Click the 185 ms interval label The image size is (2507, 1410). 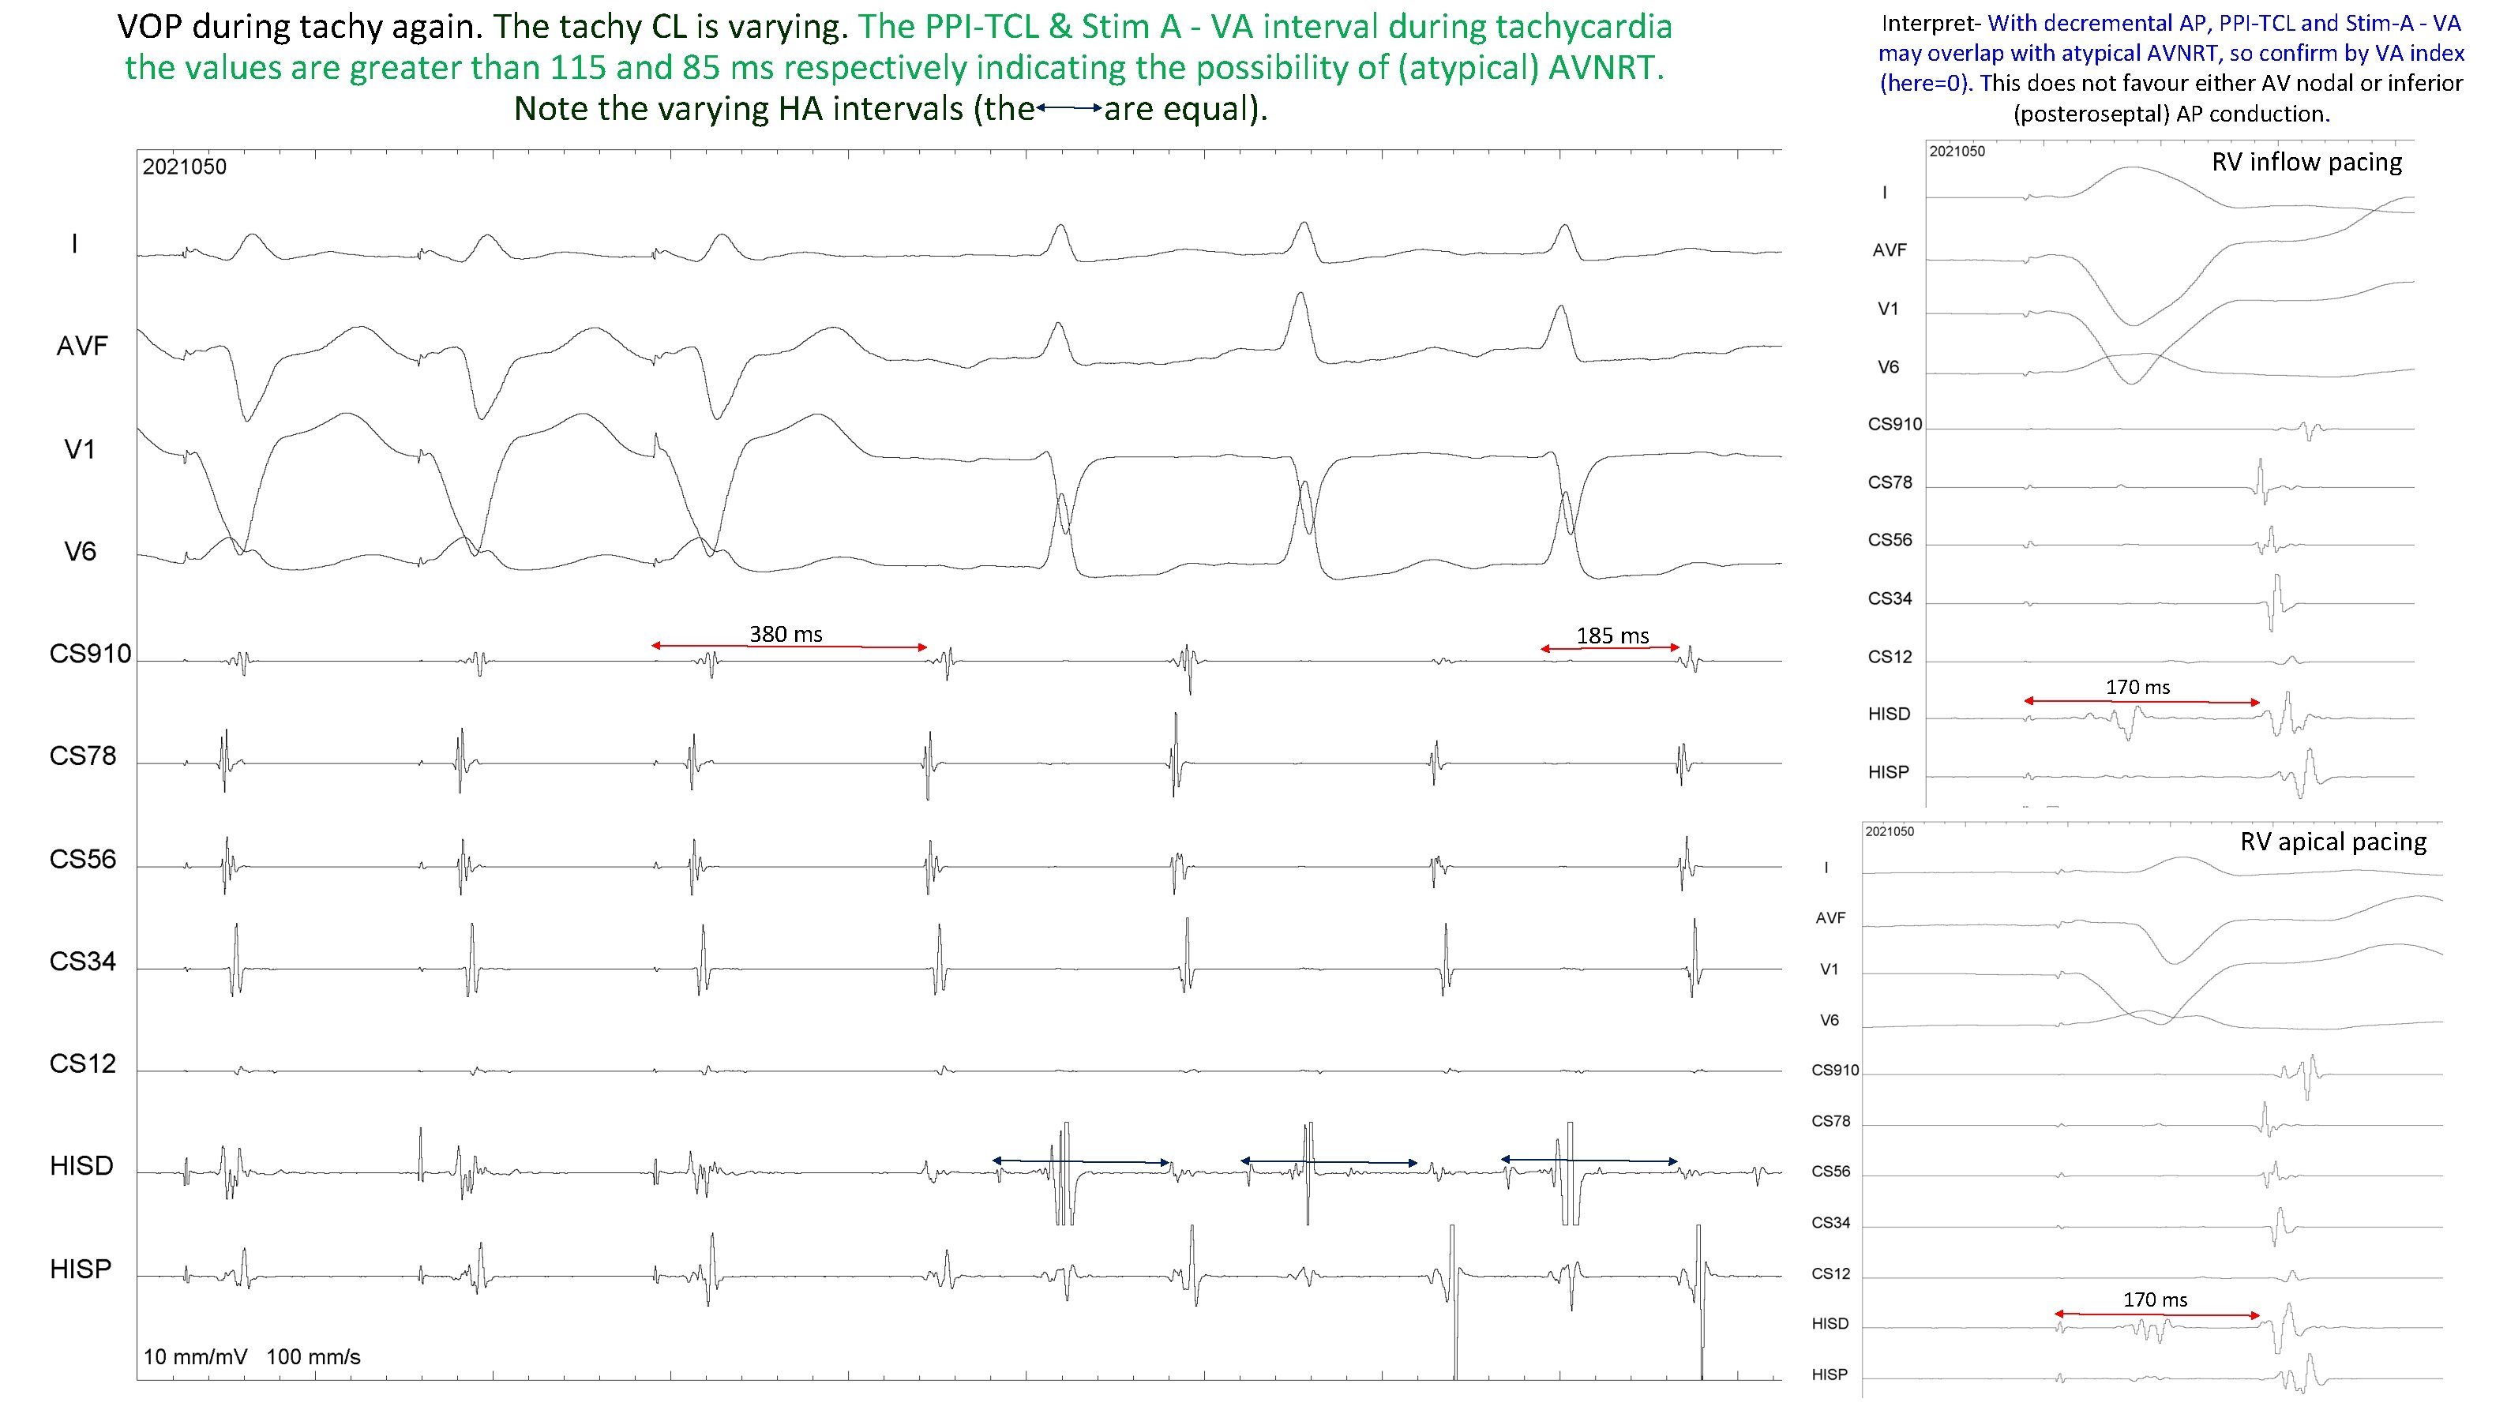(x=1612, y=636)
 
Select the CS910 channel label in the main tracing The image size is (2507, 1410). (x=89, y=654)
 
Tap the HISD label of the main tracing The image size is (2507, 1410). (x=82, y=1166)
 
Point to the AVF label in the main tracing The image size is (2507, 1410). (x=82, y=347)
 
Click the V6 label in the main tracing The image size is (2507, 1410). (x=80, y=552)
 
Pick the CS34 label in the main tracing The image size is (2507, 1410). (x=83, y=962)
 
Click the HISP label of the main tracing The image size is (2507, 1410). (x=81, y=1269)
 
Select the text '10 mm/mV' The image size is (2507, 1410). (x=196, y=1356)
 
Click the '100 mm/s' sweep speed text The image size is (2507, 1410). (x=313, y=1356)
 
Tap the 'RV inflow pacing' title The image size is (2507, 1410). (x=2306, y=162)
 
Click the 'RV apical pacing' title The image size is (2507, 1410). (x=2332, y=842)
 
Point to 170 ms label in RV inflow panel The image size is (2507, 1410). (x=2137, y=687)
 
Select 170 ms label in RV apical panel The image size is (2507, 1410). (x=2155, y=1300)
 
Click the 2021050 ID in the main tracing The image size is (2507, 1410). (x=184, y=167)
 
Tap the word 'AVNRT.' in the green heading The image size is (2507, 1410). (x=1606, y=67)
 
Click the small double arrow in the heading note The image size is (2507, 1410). (x=1068, y=109)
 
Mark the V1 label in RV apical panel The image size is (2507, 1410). (x=1829, y=969)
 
